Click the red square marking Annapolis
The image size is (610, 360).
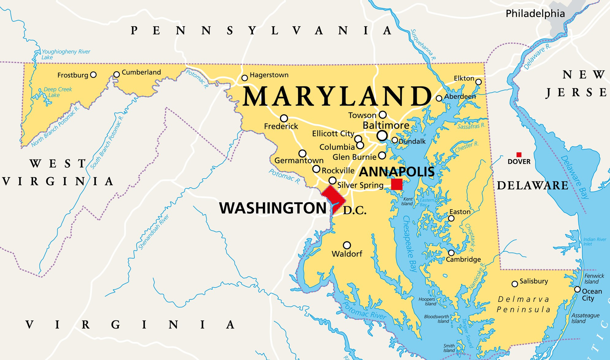(396, 184)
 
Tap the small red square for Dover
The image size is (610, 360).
(519, 155)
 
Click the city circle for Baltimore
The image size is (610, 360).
(382, 136)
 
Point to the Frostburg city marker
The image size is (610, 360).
(93, 75)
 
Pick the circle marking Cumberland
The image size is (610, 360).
(117, 74)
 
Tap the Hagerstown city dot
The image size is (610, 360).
(245, 78)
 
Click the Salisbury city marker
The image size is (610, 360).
(515, 284)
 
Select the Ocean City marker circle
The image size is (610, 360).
(577, 289)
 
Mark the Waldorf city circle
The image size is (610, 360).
(347, 245)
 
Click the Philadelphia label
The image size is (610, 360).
(535, 14)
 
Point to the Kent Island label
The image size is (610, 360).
(407, 201)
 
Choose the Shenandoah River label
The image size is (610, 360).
(154, 232)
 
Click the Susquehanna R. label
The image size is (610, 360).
(423, 45)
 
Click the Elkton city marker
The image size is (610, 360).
(478, 82)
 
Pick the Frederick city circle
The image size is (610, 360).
(284, 119)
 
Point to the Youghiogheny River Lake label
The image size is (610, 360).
(65, 54)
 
